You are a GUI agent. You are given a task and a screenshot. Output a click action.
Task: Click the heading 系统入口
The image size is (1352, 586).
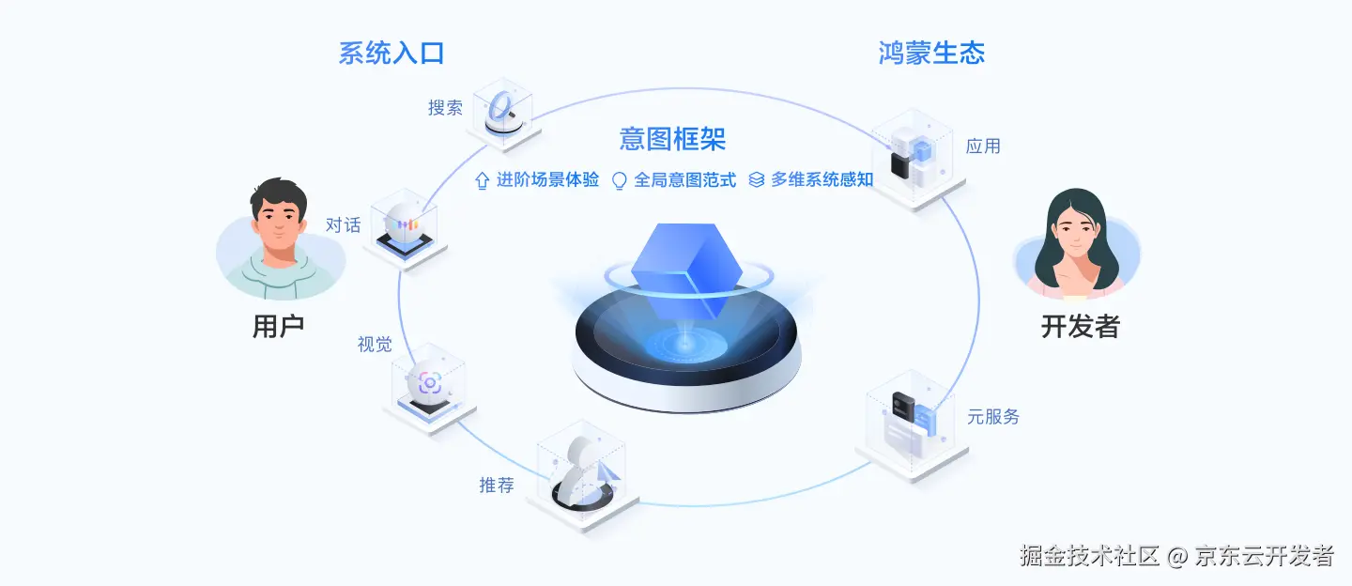(392, 54)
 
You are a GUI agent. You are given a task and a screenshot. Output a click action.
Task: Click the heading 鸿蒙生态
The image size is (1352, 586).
(931, 54)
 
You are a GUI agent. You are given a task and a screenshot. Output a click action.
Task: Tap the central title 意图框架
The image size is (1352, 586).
(672, 140)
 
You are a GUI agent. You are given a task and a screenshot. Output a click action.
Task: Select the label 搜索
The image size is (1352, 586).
(445, 108)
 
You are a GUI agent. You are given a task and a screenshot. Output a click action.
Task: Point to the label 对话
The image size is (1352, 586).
(343, 225)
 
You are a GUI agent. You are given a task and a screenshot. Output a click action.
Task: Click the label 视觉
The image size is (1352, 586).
(375, 345)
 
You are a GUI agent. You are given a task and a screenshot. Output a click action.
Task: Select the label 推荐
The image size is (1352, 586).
(497, 486)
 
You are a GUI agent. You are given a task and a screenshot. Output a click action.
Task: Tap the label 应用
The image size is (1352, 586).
(983, 146)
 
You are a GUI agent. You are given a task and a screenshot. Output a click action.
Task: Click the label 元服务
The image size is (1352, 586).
(993, 417)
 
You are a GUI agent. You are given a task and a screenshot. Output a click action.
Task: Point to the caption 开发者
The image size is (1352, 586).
(1080, 327)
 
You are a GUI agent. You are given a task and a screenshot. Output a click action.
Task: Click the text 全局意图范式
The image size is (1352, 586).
(684, 180)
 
